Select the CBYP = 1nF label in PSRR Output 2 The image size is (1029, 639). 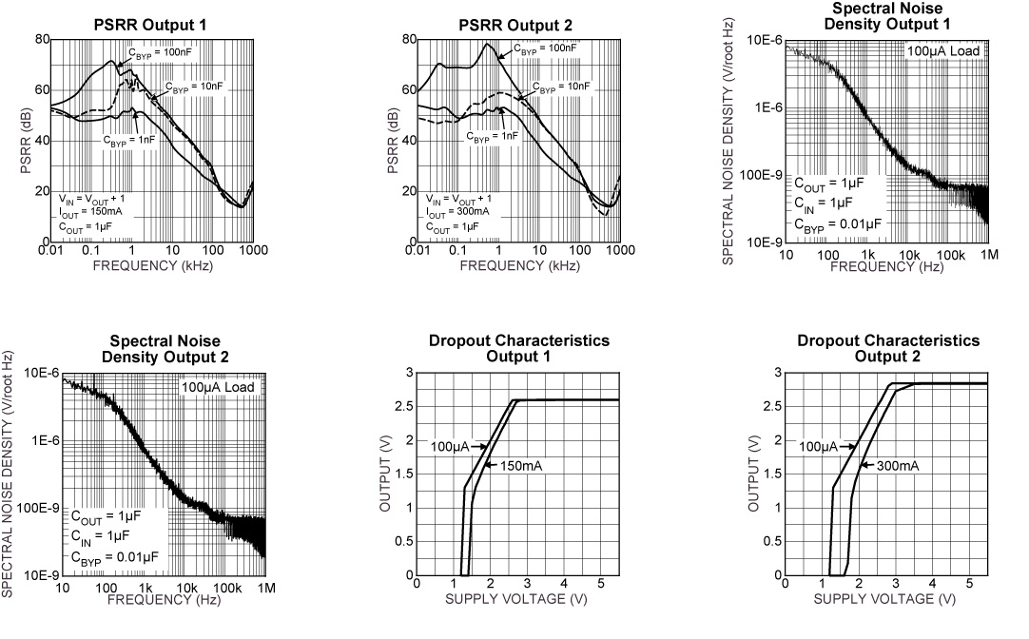pos(493,136)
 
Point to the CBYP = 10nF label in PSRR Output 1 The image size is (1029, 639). pos(195,87)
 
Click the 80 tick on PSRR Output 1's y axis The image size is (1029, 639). pos(43,39)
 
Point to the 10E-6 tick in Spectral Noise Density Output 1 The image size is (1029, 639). pos(763,40)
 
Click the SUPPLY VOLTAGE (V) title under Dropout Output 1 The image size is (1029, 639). pos(519,601)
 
